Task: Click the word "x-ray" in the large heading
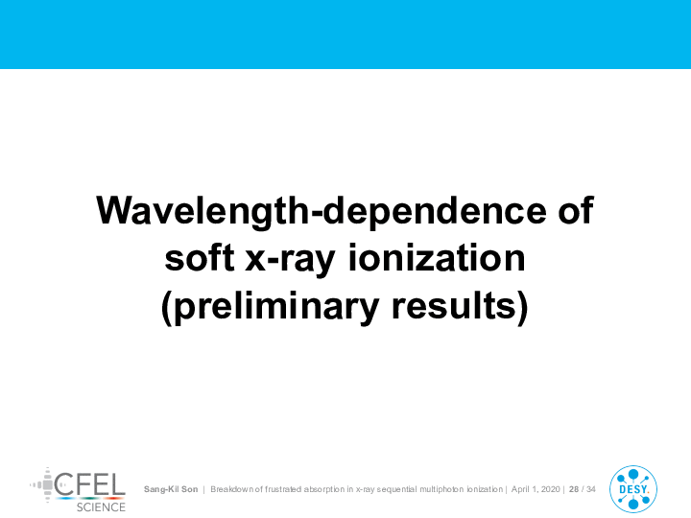pos(290,261)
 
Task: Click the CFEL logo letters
pos(90,484)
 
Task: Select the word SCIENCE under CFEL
pos(101,507)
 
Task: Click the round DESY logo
pos(633,489)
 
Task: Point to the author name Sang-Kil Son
pos(171,489)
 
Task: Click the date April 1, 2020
pos(536,489)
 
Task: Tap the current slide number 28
pos(574,489)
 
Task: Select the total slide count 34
pos(591,489)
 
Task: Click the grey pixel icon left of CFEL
pos(42,485)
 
